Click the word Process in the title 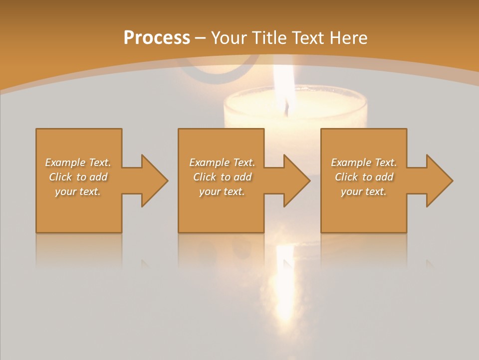(157, 38)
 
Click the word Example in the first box (65, 162)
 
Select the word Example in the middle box (209, 162)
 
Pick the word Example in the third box (351, 162)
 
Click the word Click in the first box (60, 177)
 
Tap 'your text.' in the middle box (222, 191)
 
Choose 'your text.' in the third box (363, 191)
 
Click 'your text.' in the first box (77, 191)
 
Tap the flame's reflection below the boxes (285, 285)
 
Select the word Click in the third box (346, 177)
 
